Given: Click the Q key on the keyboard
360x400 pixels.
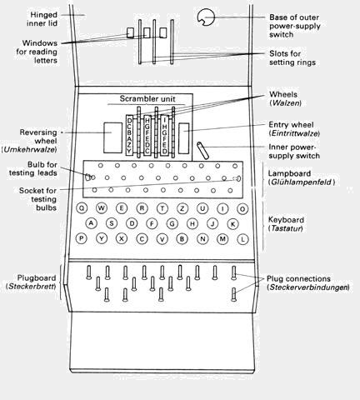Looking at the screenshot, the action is [82, 208].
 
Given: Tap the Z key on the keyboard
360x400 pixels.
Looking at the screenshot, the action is [182, 208].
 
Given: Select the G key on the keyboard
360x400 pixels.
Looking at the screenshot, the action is [172, 223].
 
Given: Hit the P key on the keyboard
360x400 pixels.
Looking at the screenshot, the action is [82, 238].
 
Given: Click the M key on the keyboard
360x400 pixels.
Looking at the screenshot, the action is [222, 238].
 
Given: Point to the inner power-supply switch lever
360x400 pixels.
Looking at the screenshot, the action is [202, 151].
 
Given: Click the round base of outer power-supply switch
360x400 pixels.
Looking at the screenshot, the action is [206, 17].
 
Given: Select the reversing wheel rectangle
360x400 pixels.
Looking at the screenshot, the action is [112, 137].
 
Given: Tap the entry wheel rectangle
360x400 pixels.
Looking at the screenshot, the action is [183, 138].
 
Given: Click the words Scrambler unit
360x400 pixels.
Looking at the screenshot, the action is [147, 98].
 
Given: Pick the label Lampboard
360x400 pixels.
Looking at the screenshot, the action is [289, 173].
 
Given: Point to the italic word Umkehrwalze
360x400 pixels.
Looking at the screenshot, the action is [30, 149].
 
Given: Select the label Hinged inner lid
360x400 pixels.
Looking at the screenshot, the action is [42, 19].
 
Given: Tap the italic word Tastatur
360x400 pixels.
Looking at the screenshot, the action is [287, 228].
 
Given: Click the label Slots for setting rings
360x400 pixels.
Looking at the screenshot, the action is [292, 57].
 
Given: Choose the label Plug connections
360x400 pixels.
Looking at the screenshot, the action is [298, 278].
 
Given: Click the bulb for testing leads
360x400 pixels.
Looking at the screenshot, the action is [87, 177].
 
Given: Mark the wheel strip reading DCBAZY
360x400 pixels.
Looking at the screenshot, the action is [129, 135].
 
